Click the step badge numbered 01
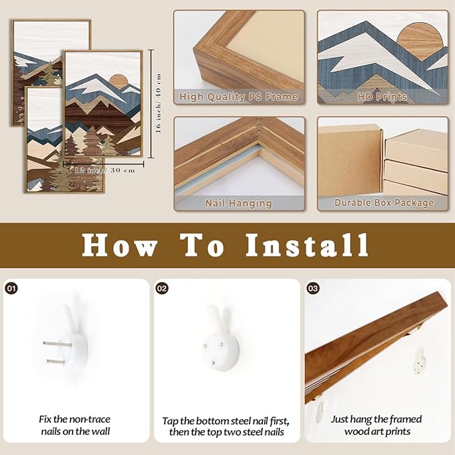click(11, 288)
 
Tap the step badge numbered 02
click(162, 288)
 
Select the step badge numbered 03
click(313, 288)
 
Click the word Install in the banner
click(308, 245)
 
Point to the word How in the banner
click(119, 245)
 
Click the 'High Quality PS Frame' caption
click(239, 96)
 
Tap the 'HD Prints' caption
click(382, 96)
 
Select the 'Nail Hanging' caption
click(239, 203)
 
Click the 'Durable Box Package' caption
click(384, 203)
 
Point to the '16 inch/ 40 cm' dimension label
click(158, 103)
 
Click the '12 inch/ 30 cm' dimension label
click(105, 170)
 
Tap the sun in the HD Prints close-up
click(419, 42)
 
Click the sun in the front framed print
click(119, 81)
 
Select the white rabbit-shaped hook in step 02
click(221, 338)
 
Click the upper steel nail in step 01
click(57, 344)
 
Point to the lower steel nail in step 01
click(60, 362)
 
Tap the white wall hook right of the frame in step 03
click(419, 361)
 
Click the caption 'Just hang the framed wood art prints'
click(377, 425)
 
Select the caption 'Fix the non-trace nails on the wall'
click(75, 425)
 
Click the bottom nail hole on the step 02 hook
click(212, 363)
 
